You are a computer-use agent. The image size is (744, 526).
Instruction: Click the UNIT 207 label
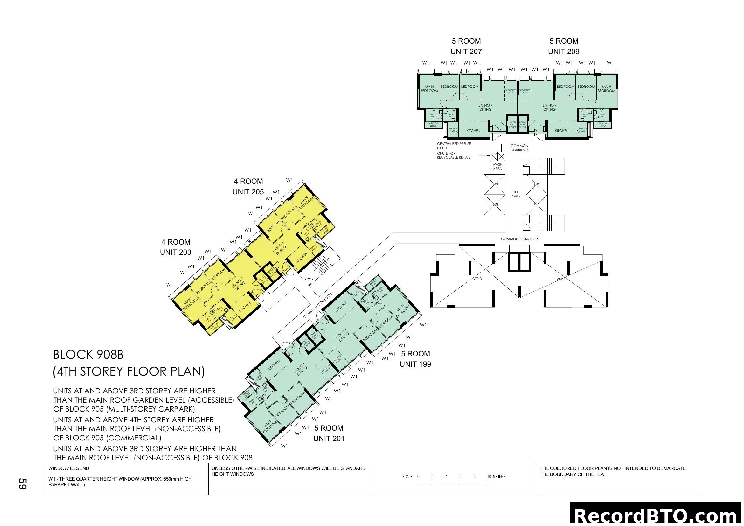click(x=466, y=52)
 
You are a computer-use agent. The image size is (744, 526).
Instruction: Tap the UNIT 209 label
click(x=564, y=52)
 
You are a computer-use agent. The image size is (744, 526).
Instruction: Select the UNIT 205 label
click(x=248, y=192)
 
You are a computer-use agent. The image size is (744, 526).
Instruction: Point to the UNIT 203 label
click(x=175, y=252)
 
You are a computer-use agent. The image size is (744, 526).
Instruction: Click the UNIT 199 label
click(x=415, y=364)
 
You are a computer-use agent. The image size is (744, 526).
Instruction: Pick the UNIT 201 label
click(x=329, y=439)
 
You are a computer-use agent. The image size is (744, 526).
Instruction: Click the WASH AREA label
click(x=497, y=166)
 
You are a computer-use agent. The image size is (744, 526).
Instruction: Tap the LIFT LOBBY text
click(x=515, y=194)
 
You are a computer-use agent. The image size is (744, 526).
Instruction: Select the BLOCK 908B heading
click(x=88, y=355)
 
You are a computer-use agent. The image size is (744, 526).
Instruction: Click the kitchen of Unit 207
click(x=473, y=131)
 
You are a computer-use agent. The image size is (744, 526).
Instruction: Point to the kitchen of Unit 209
click(x=561, y=131)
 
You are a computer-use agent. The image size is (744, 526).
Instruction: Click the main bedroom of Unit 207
click(x=429, y=89)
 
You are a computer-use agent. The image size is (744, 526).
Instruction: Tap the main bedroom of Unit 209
click(x=606, y=89)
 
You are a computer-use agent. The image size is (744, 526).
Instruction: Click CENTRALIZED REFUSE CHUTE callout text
click(x=454, y=146)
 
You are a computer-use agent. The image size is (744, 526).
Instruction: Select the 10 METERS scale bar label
click(x=496, y=477)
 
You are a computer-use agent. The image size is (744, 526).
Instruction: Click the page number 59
click(x=22, y=484)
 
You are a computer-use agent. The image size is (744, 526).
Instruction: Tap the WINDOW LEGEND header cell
click(x=69, y=468)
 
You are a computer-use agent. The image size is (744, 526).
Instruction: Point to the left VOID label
click(x=478, y=279)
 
